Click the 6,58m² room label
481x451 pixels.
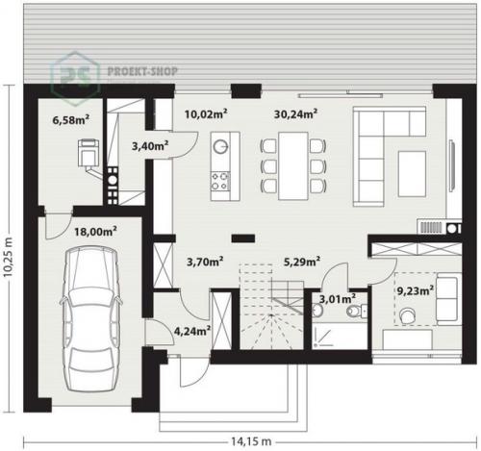(70, 120)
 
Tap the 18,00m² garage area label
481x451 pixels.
(95, 231)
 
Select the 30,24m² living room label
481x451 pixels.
(295, 113)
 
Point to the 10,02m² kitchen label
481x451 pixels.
(206, 113)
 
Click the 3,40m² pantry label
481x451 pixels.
(150, 146)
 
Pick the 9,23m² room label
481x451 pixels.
(416, 290)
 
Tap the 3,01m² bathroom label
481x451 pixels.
(338, 299)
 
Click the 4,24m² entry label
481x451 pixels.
(192, 331)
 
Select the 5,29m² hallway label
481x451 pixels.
(302, 262)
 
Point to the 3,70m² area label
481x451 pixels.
(205, 262)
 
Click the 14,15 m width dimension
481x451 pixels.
(251, 441)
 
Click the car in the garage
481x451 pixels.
(91, 318)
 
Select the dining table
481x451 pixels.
(293, 165)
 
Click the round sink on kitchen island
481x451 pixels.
(221, 146)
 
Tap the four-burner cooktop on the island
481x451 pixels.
(220, 181)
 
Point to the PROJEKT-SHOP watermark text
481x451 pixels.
(142, 71)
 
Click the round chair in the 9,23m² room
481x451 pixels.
(407, 315)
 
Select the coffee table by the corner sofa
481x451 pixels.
(412, 173)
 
